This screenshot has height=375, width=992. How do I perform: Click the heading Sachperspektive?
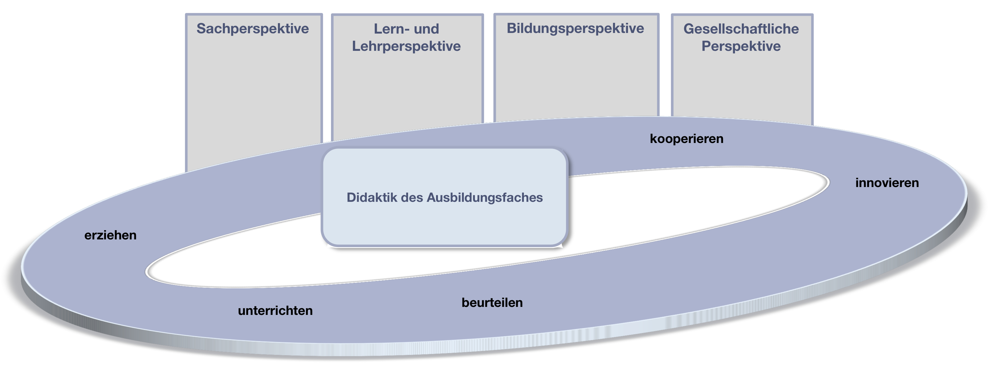[253, 28]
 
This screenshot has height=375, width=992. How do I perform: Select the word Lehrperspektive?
[406, 46]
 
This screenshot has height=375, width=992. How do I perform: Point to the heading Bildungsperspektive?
[575, 28]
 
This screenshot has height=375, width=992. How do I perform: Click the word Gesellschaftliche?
[741, 29]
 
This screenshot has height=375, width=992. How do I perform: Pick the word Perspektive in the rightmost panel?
[741, 46]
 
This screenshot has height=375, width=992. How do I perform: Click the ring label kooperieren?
[687, 139]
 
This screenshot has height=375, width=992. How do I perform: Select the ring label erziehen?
[111, 235]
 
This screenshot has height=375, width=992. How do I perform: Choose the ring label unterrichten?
[275, 311]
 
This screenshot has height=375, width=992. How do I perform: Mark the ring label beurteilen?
[492, 303]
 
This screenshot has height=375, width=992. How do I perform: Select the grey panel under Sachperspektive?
[253, 96]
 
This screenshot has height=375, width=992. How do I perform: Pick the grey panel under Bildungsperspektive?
[576, 77]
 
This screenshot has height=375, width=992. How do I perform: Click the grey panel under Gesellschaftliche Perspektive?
[742, 85]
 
